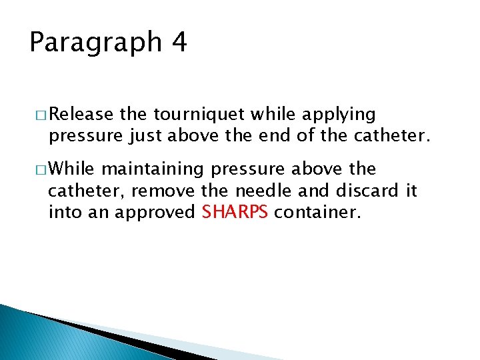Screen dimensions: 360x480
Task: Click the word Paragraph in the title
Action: [95, 43]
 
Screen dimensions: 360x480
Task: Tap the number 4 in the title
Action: [179, 42]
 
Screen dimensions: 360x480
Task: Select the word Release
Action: [81, 115]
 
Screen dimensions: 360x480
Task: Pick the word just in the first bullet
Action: [145, 137]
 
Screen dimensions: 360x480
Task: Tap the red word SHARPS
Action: [235, 213]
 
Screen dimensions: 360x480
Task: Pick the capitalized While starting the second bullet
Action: [73, 169]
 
